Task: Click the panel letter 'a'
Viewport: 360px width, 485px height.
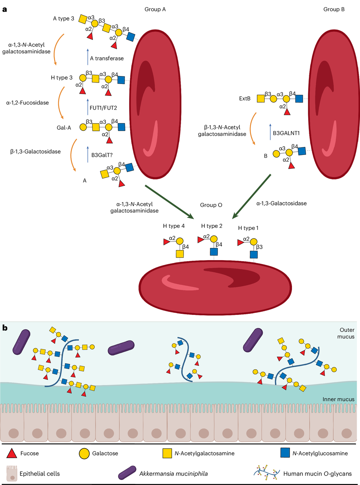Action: tap(5, 9)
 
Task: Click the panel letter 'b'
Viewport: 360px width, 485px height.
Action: tap(5, 328)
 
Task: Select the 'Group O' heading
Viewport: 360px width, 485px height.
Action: tap(211, 205)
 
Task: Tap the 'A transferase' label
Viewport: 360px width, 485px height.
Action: tap(107, 58)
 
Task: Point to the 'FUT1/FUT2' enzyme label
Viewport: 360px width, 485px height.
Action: tap(103, 108)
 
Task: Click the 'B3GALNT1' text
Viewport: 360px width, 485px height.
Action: tap(286, 133)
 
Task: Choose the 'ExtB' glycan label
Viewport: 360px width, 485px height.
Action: tap(245, 98)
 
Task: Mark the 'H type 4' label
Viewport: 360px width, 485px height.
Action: tap(174, 226)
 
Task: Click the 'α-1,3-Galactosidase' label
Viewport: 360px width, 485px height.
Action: tap(282, 204)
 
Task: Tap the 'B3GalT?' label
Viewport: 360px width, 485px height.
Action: tap(102, 155)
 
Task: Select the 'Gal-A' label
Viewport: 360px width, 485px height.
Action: tap(64, 128)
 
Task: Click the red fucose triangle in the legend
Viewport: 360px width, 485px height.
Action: tap(12, 453)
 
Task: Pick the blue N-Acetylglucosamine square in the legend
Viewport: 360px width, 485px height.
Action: tap(285, 453)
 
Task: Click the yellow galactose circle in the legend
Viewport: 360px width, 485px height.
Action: tap(84, 454)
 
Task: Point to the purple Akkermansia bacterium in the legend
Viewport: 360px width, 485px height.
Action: tap(127, 473)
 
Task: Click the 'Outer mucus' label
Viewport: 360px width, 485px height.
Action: tap(346, 333)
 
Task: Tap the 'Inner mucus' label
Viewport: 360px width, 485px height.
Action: tap(338, 399)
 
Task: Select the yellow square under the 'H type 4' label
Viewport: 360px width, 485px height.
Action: tap(180, 254)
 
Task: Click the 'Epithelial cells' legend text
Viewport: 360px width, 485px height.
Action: tap(40, 474)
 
